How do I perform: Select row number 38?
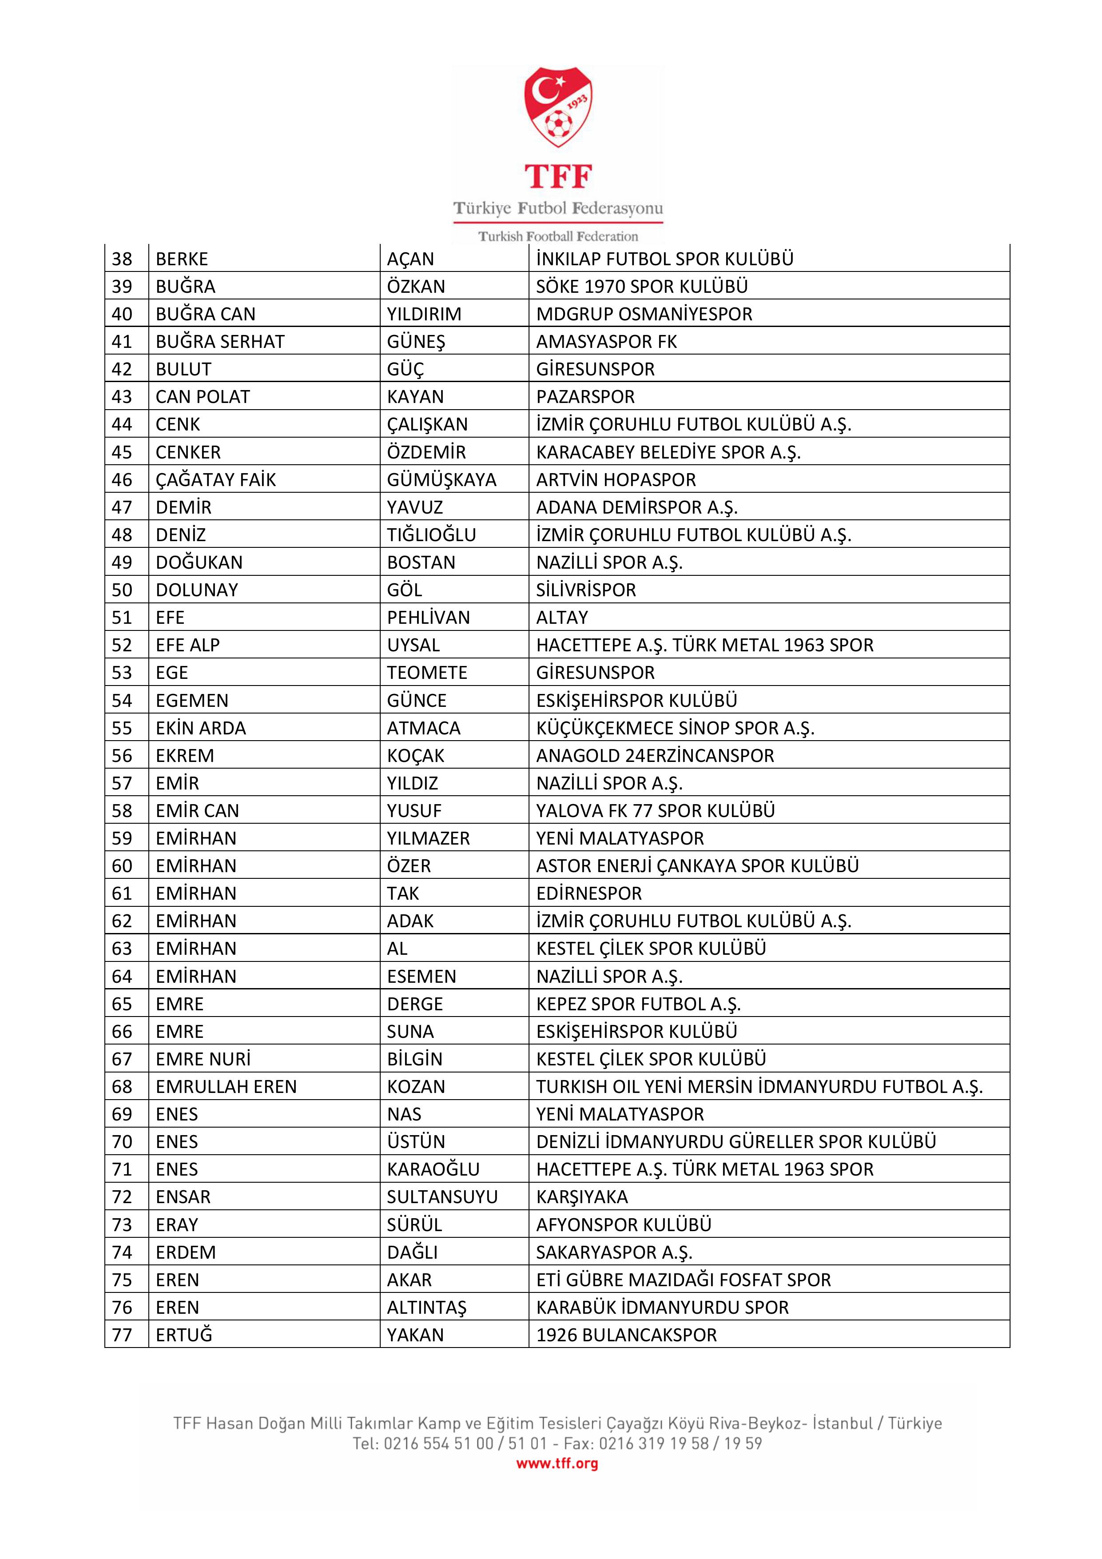(122, 259)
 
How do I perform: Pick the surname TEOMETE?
(427, 673)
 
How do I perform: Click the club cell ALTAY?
(562, 617)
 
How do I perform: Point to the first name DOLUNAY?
(197, 590)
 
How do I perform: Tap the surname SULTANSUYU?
(442, 1197)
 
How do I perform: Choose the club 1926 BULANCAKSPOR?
(626, 1335)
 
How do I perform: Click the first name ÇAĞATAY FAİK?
(216, 479)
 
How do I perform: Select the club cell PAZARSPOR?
(585, 397)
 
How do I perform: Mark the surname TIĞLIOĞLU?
(431, 535)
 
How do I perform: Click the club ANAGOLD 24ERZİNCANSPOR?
(655, 756)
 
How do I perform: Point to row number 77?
(122, 1335)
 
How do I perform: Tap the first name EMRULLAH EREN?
(226, 1086)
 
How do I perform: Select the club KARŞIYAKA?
(582, 1197)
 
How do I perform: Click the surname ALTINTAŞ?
(426, 1307)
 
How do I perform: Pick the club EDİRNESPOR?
(589, 893)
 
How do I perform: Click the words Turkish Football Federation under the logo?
(558, 236)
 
